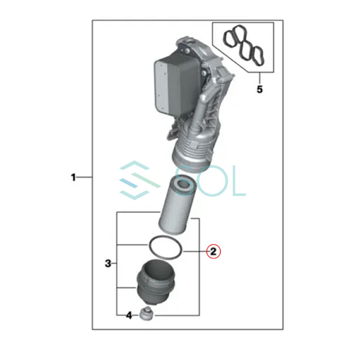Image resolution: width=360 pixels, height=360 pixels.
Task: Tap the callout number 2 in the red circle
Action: point(213,252)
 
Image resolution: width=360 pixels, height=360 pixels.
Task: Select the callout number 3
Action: point(108,264)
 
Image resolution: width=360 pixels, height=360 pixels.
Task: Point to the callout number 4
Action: point(129,315)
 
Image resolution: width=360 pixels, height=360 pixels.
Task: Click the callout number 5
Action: point(259,89)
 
